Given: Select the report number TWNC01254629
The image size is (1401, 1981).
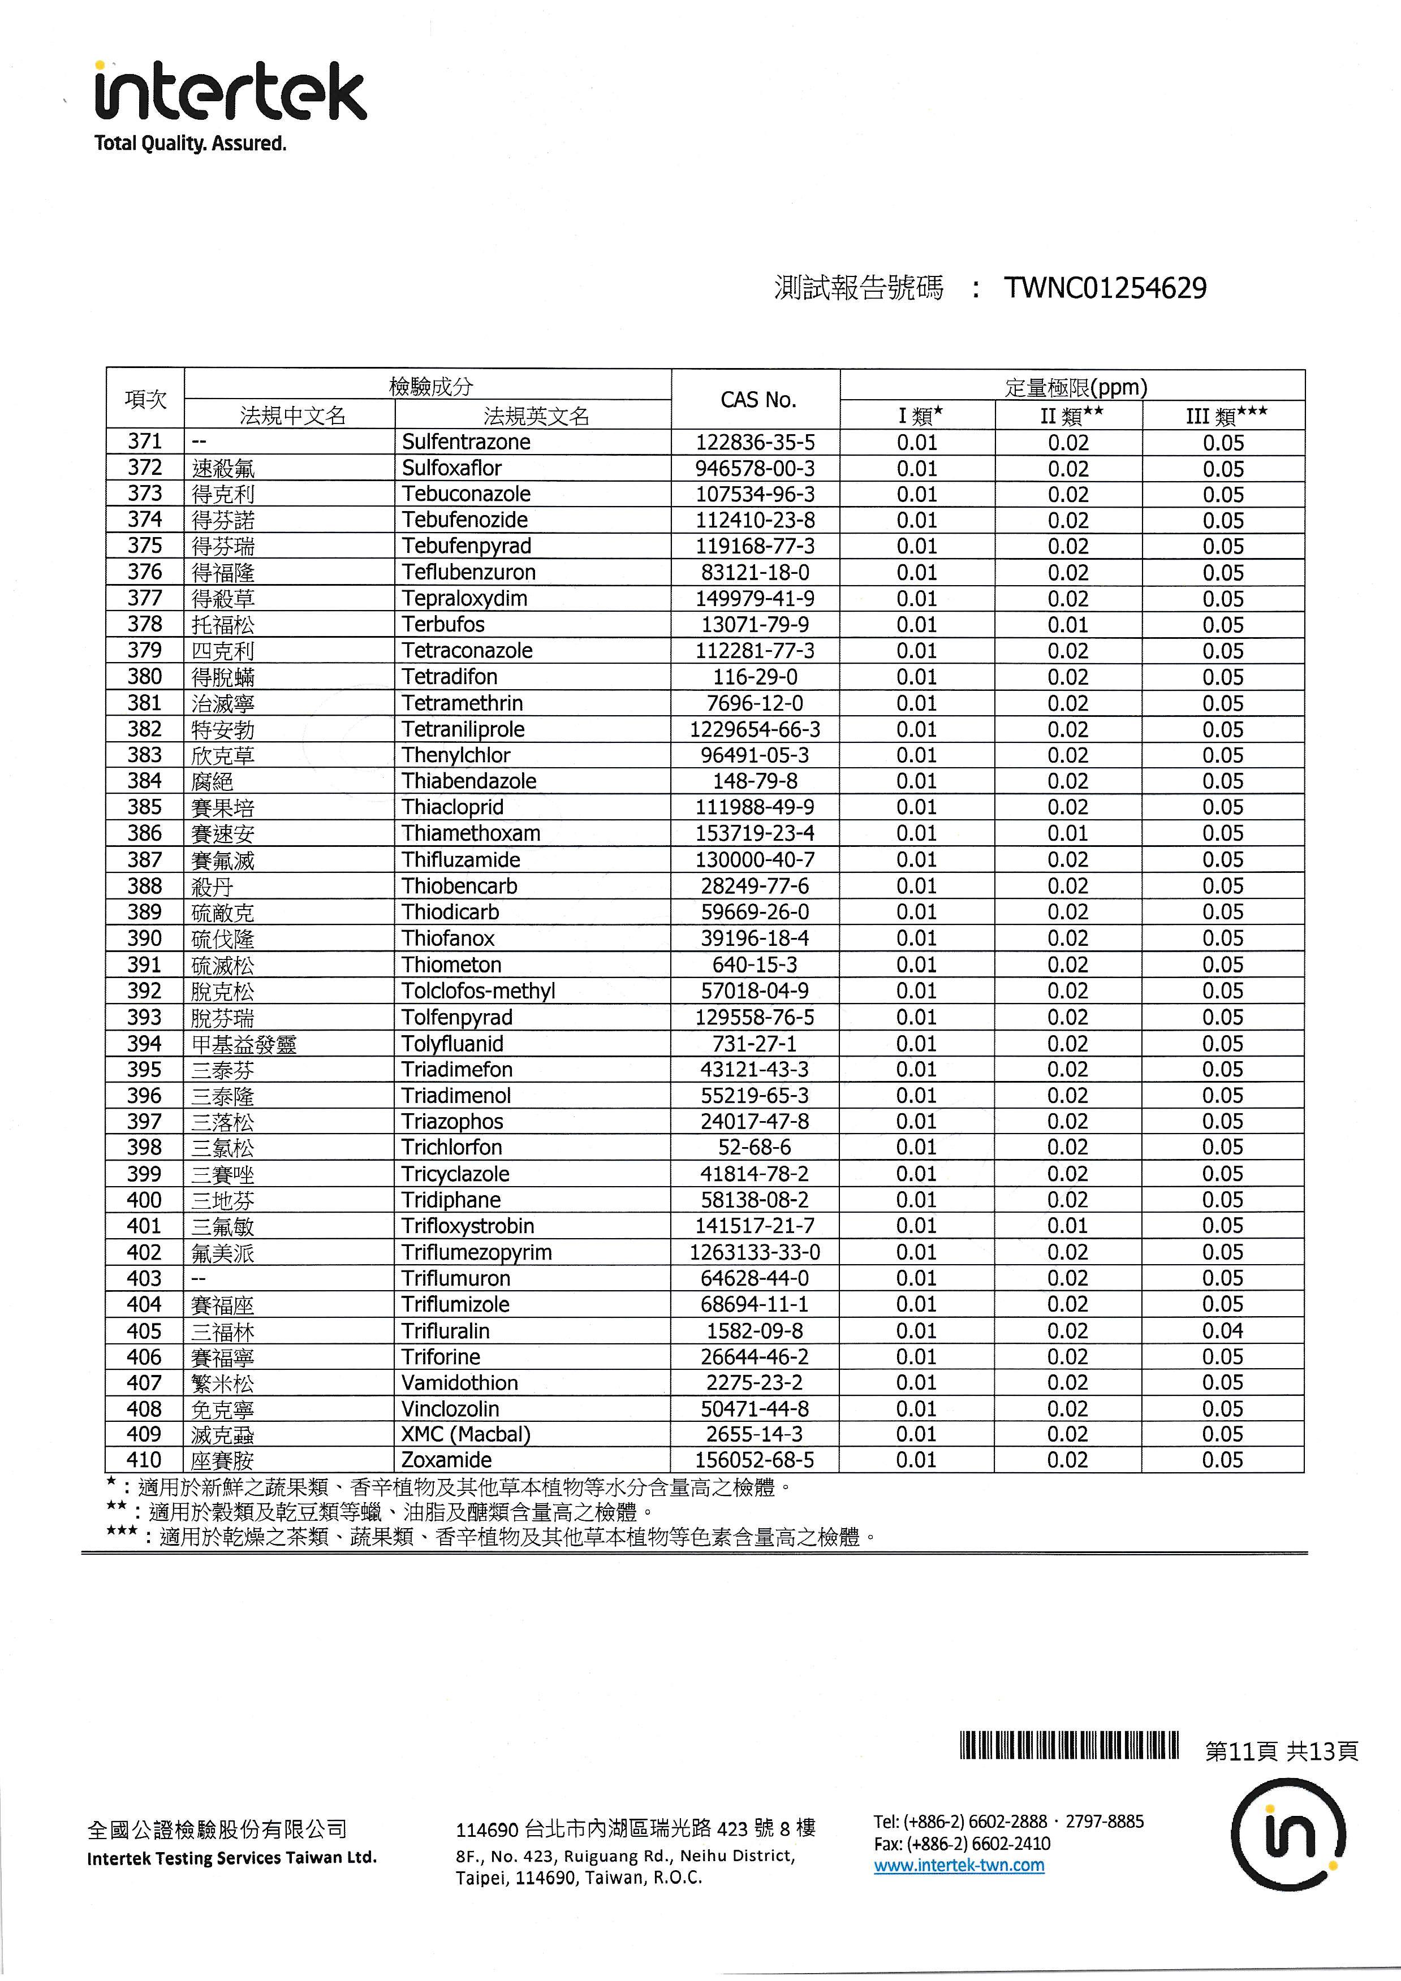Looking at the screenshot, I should pyautogui.click(x=1105, y=288).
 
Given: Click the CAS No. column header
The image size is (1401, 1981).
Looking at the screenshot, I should pyautogui.click(x=757, y=400).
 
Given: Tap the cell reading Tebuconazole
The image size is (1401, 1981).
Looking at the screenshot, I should pyautogui.click(x=466, y=494).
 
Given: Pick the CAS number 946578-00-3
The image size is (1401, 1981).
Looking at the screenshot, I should pyautogui.click(x=755, y=469).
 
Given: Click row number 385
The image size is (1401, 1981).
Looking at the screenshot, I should pyautogui.click(x=144, y=807).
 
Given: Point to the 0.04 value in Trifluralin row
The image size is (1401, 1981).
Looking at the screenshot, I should pyautogui.click(x=1222, y=1330).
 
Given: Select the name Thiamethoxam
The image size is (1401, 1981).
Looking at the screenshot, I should pyautogui.click(x=471, y=833).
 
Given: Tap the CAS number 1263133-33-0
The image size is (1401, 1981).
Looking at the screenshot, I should pyautogui.click(x=755, y=1252).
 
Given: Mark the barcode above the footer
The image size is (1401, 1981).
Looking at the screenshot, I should pyautogui.click(x=1068, y=1745).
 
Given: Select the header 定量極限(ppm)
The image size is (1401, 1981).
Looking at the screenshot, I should pyautogui.click(x=1076, y=387).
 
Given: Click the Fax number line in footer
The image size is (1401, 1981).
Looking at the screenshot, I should pyautogui.click(x=962, y=1844).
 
